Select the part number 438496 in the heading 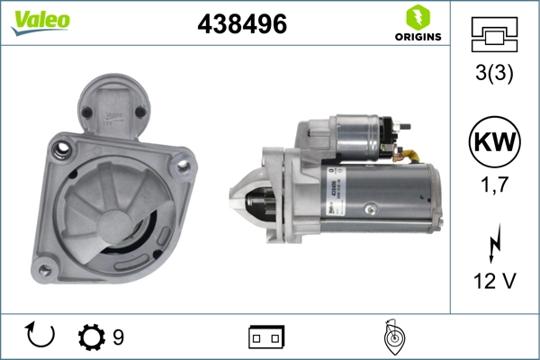click(x=241, y=25)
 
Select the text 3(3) click(x=494, y=76)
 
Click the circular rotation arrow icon click(x=40, y=336)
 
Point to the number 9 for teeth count click(x=118, y=337)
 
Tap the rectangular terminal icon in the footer click(x=266, y=337)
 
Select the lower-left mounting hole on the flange click(x=45, y=263)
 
